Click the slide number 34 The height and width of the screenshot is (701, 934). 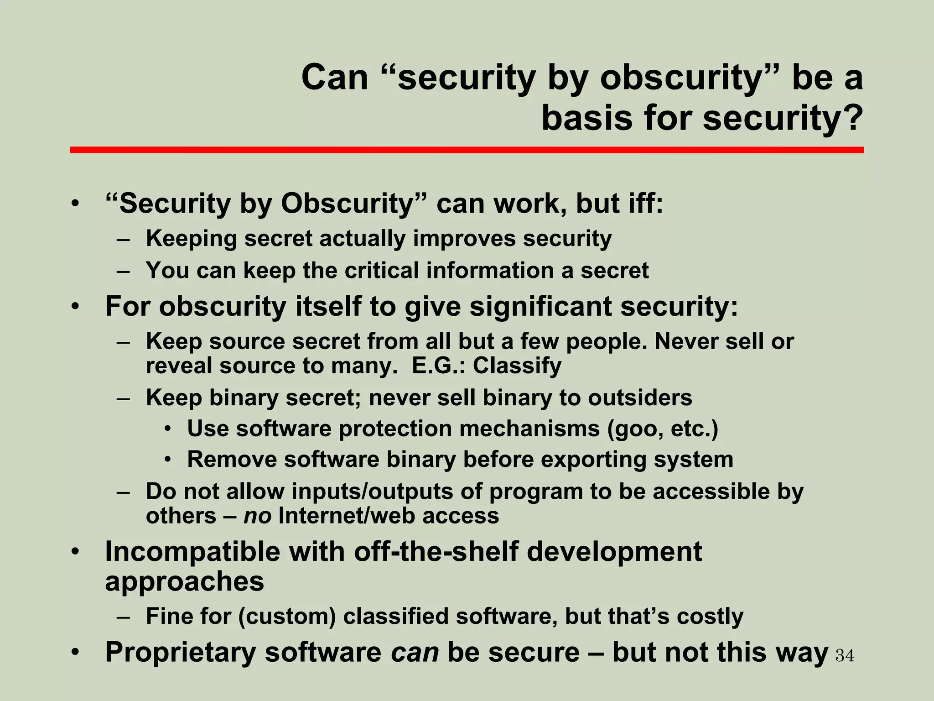click(x=845, y=656)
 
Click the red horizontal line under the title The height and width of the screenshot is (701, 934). click(x=467, y=150)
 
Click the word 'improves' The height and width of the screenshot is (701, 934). click(x=463, y=239)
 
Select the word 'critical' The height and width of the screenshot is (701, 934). click(x=381, y=271)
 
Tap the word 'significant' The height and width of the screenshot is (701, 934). click(x=540, y=306)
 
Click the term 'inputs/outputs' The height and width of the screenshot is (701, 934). click(x=372, y=492)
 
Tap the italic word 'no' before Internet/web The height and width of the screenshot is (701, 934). click(x=258, y=516)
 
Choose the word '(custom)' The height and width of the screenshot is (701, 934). click(x=287, y=617)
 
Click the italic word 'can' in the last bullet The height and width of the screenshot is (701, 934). click(x=415, y=652)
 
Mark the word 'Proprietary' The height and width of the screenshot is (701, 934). click(x=181, y=652)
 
